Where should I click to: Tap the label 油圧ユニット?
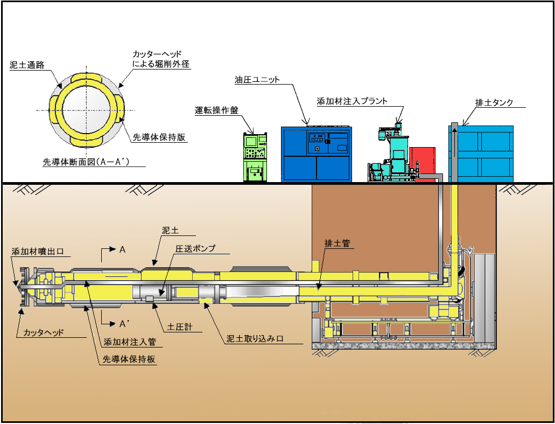[257, 80]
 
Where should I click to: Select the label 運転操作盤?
[216, 110]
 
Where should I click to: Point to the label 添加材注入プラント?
[352, 101]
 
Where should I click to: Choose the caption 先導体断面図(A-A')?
[89, 161]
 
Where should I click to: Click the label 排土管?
[337, 244]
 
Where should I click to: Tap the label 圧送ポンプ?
[195, 248]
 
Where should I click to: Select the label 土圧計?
[178, 328]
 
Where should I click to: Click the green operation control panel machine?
[255, 156]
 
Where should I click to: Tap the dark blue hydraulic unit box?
[316, 154]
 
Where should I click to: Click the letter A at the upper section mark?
[123, 249]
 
